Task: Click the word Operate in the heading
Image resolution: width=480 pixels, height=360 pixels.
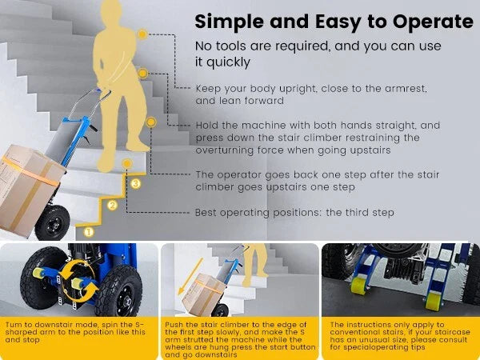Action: point(433,22)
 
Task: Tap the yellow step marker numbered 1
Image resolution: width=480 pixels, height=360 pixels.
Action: point(89,232)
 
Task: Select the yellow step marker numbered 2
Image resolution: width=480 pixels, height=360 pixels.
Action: point(112,205)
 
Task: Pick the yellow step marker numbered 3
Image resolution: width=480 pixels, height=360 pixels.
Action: point(136,184)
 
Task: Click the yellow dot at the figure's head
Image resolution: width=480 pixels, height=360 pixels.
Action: point(142,34)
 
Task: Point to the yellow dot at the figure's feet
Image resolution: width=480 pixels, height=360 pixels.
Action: point(127,164)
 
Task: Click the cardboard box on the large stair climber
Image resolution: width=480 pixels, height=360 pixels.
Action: point(29,190)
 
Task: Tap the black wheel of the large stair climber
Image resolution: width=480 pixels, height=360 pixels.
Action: point(52,222)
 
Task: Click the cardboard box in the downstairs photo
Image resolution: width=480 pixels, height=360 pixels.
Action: point(203,294)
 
